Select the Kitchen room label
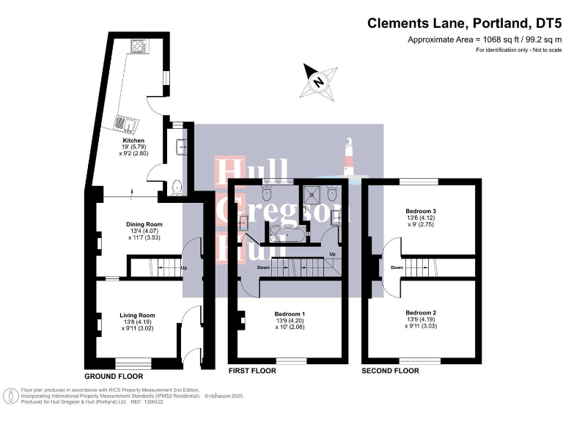coord(133,140)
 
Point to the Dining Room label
coord(144,224)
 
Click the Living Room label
coord(138,316)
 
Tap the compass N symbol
coord(319,82)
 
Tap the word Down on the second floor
coord(397,267)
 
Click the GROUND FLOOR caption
coord(114,375)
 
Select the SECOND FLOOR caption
coord(390,371)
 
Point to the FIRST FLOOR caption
coord(252,371)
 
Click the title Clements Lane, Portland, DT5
coord(464,23)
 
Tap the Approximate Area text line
coord(483,40)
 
